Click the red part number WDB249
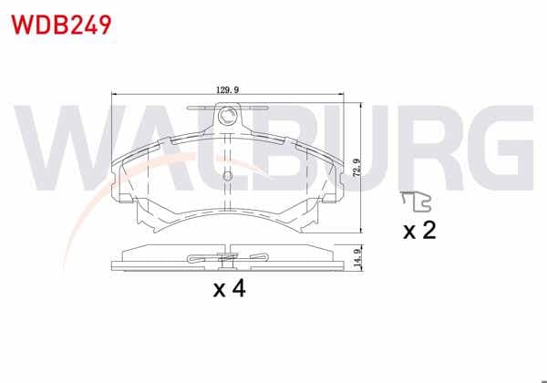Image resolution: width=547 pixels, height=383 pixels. (x=61, y=25)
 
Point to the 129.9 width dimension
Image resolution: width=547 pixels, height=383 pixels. (x=227, y=90)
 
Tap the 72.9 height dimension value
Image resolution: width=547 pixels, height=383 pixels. (x=356, y=168)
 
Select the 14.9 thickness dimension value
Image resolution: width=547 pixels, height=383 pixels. (x=356, y=258)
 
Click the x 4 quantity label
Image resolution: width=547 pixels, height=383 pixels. (x=230, y=289)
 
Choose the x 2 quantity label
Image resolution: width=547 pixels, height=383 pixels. (x=419, y=230)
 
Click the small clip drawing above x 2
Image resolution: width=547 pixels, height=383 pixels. (x=417, y=202)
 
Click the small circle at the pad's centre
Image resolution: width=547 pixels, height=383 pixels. (x=227, y=175)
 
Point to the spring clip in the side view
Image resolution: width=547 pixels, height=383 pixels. (x=227, y=258)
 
